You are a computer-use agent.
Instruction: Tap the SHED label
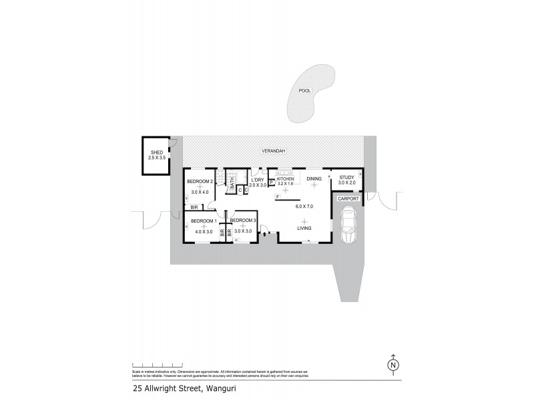[x=157, y=152]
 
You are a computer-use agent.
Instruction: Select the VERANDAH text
[x=273, y=151]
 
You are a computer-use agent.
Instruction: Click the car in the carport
[x=348, y=225]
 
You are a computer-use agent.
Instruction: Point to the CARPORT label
[x=348, y=198]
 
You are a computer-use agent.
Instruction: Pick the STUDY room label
[x=347, y=177]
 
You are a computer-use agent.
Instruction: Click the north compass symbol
[x=394, y=366]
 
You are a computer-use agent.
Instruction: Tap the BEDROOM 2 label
[x=200, y=182]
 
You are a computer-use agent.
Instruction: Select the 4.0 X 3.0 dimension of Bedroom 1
[x=200, y=232]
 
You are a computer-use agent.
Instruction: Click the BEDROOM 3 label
[x=244, y=221]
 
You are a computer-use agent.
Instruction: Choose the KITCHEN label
[x=286, y=178]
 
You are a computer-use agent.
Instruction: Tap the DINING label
[x=314, y=178]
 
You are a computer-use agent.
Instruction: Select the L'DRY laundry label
[x=258, y=179]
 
